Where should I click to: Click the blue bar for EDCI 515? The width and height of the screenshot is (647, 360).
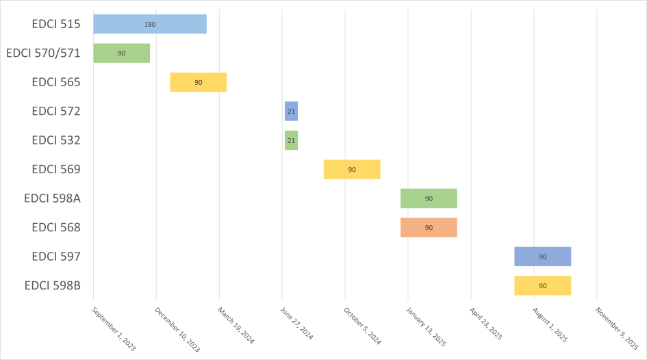pyautogui.click(x=150, y=24)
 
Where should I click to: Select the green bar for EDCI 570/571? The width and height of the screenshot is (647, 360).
pyautogui.click(x=122, y=53)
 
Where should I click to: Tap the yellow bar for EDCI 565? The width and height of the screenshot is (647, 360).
pyautogui.click(x=199, y=82)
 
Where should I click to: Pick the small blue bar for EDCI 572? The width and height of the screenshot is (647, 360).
pyautogui.click(x=291, y=112)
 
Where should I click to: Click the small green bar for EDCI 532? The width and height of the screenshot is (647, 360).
pyautogui.click(x=291, y=140)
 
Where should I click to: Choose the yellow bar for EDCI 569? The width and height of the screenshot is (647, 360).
pyautogui.click(x=352, y=170)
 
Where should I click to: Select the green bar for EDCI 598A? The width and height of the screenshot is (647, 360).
pyautogui.click(x=429, y=198)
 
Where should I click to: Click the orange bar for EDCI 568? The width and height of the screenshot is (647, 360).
pyautogui.click(x=429, y=228)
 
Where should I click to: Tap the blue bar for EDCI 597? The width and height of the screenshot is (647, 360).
pyautogui.click(x=543, y=257)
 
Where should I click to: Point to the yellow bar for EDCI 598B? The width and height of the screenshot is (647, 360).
pyautogui.click(x=543, y=286)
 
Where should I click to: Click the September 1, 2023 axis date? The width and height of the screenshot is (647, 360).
pyautogui.click(x=114, y=329)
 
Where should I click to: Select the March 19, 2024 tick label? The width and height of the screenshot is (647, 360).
pyautogui.click(x=236, y=325)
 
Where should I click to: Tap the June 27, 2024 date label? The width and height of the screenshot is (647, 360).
pyautogui.click(x=296, y=323)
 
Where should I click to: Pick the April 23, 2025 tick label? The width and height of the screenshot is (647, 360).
pyautogui.click(x=485, y=324)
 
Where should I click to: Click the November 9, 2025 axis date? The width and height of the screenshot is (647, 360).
pyautogui.click(x=617, y=329)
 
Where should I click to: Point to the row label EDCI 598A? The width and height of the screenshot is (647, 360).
pyautogui.click(x=53, y=198)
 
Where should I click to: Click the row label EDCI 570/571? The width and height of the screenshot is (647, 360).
pyautogui.click(x=43, y=53)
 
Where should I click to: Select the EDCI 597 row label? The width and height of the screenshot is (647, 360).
pyautogui.click(x=56, y=257)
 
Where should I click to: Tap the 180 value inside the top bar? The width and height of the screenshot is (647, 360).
pyautogui.click(x=150, y=25)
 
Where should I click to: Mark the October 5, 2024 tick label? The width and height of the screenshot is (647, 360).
pyautogui.click(x=362, y=326)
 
